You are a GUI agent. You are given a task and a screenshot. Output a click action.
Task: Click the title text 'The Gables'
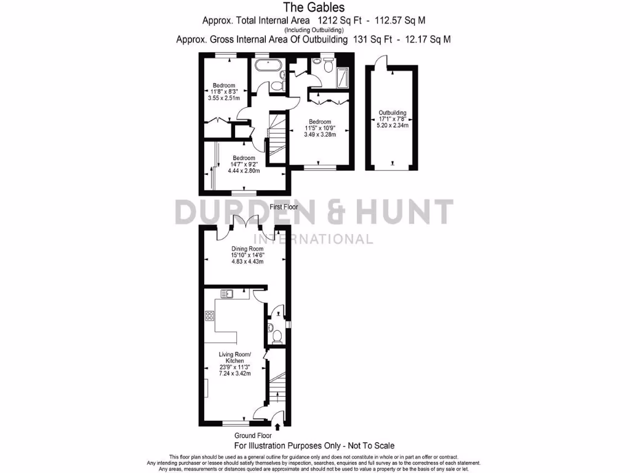click(314, 7)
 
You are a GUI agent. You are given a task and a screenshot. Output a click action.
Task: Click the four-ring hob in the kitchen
click(209, 317)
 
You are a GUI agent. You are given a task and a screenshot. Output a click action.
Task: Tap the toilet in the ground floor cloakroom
click(277, 336)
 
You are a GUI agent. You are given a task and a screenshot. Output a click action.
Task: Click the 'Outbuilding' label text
click(393, 113)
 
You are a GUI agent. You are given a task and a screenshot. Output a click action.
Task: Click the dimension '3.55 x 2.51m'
click(224, 98)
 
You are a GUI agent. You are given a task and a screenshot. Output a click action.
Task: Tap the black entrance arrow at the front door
click(277, 426)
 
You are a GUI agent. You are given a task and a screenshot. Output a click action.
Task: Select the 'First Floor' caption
click(284, 207)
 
